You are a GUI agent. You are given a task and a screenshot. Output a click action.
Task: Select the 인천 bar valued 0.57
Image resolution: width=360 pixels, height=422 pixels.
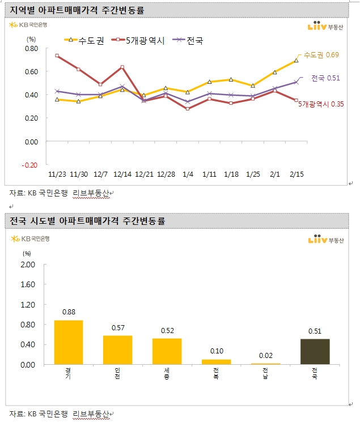pos(117,349)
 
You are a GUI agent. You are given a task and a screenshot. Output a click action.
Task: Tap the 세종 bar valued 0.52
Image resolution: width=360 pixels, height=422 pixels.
pos(167,351)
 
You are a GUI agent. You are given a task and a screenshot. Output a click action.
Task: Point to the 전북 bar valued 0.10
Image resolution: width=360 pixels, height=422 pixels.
pos(216,361)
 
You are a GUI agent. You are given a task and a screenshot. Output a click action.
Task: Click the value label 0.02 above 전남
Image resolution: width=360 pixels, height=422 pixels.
pos(265,356)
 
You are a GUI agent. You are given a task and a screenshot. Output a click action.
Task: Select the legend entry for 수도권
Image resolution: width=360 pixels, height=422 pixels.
pos(83,40)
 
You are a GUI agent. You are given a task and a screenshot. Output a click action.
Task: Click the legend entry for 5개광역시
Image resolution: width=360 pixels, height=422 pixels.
pos(139,40)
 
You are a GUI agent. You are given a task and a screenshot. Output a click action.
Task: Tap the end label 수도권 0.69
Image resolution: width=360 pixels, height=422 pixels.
pos(321,55)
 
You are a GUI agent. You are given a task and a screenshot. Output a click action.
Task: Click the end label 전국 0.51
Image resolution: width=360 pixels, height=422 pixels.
pos(325,78)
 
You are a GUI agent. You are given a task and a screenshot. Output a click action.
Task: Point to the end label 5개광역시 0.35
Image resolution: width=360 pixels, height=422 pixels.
pos(321,104)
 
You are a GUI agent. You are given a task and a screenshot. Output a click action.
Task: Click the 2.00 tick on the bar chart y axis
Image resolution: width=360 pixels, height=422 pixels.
pos(27,265)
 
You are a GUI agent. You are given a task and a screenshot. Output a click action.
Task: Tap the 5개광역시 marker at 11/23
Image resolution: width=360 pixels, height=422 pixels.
pos(57,56)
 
